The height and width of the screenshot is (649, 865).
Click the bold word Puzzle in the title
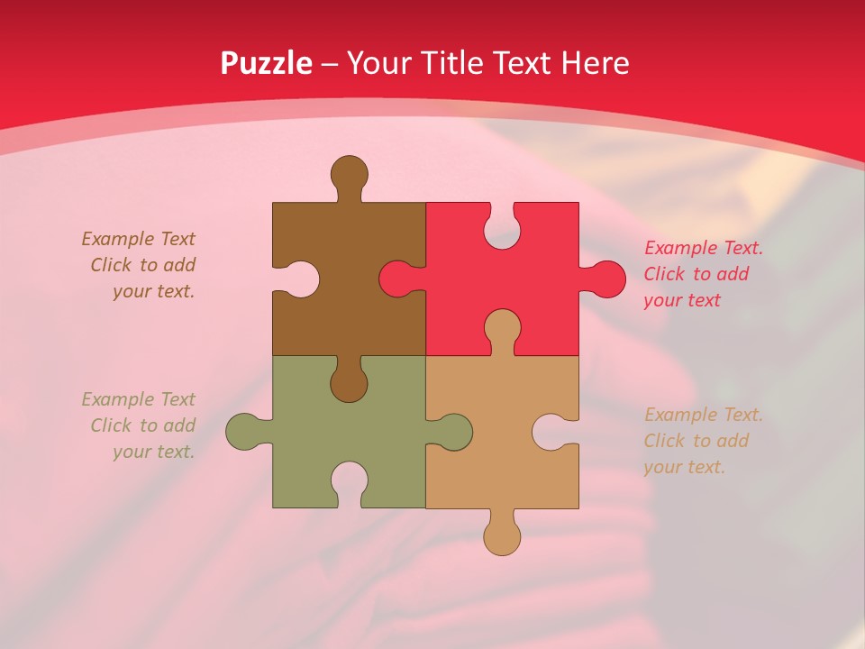267,63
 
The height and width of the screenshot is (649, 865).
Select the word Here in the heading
595,63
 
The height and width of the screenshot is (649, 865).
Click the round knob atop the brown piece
349,172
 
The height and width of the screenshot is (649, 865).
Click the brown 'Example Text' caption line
138,239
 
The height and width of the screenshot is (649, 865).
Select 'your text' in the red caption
682,300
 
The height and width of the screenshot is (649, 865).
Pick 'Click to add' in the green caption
142,425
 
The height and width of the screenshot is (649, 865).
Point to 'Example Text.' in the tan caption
704,415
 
